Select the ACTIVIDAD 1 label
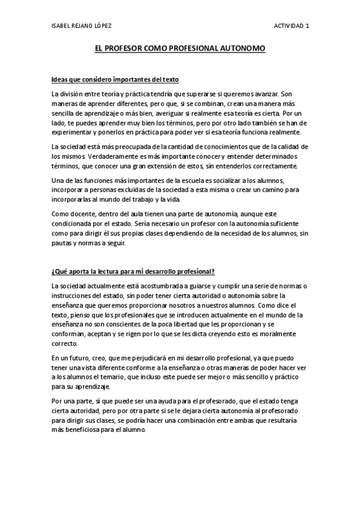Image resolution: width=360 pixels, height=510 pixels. coord(292,25)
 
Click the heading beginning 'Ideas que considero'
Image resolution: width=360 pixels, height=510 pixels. coord(115,79)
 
